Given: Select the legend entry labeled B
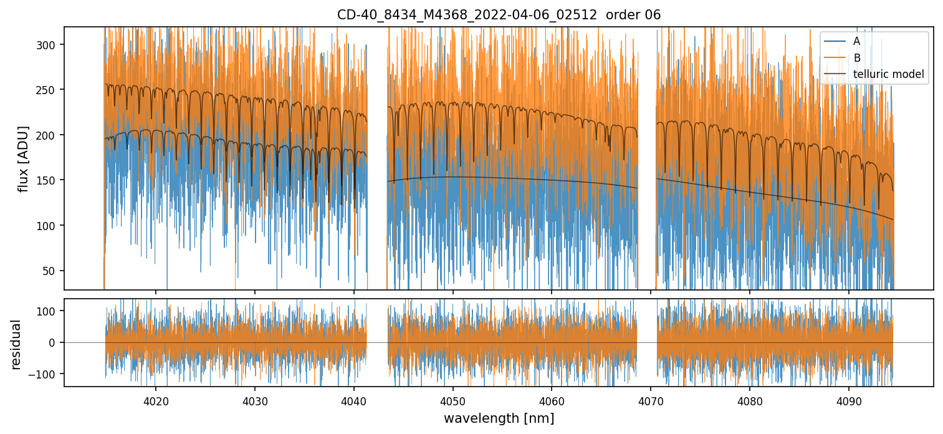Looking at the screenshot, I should (x=857, y=58).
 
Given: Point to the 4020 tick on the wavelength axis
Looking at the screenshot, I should (x=155, y=400).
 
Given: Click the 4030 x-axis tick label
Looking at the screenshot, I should (x=254, y=400).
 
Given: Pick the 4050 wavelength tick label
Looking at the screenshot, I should (x=452, y=400).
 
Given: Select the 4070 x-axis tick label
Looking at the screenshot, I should (x=651, y=400).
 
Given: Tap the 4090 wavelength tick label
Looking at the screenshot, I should (x=849, y=400).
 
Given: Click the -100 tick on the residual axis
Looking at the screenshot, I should (x=46, y=374).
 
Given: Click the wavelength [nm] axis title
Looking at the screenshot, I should (x=499, y=418).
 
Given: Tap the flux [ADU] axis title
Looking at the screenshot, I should (x=24, y=158).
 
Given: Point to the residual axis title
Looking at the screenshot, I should (x=16, y=344).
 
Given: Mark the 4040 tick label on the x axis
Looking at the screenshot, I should (x=353, y=400).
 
